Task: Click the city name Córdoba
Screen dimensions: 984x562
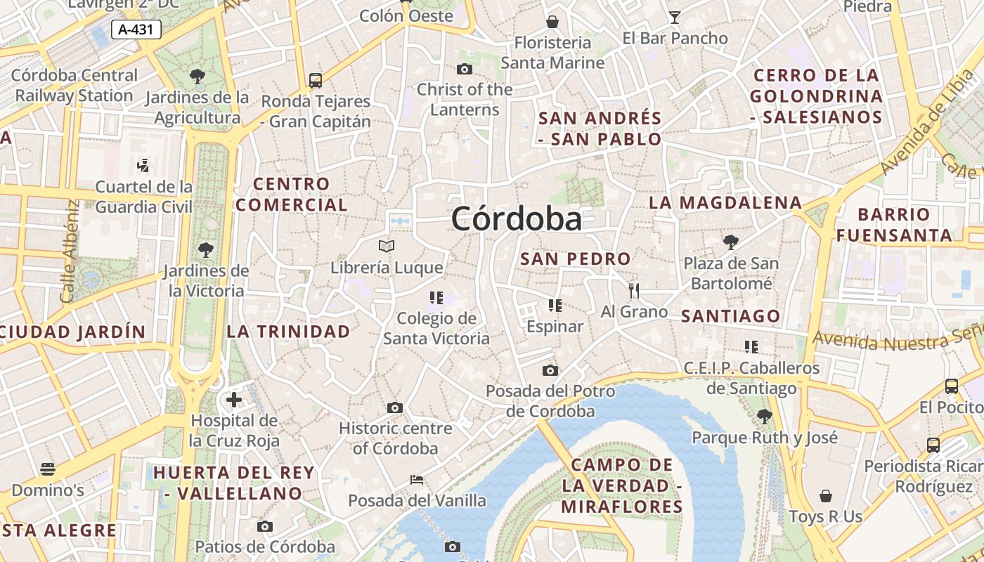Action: [x=517, y=218]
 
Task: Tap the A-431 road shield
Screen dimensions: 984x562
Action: [x=136, y=30]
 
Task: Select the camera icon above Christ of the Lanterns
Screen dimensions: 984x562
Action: [x=465, y=69]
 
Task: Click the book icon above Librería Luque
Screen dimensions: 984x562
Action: [x=387, y=246]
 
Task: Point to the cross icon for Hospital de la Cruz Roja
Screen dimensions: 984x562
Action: [x=234, y=400]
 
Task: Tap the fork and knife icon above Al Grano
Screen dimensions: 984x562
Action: [x=634, y=290]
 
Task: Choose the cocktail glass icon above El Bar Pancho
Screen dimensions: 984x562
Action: [x=675, y=18]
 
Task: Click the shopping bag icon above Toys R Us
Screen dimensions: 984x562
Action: [x=825, y=496]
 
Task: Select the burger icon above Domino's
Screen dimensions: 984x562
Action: [x=48, y=469]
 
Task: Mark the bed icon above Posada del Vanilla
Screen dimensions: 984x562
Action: [x=417, y=480]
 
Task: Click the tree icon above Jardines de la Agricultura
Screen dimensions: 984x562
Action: [x=198, y=76]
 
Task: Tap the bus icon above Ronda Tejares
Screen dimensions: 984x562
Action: [x=316, y=80]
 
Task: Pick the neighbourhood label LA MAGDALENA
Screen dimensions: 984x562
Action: [x=725, y=203]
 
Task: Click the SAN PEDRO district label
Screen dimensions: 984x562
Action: [x=575, y=259]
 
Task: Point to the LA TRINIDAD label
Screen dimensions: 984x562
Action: [x=288, y=332]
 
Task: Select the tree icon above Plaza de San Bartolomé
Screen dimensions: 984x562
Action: [x=731, y=242]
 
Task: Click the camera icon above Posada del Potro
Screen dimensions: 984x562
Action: [x=550, y=370]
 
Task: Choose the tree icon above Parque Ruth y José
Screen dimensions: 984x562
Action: [x=765, y=416]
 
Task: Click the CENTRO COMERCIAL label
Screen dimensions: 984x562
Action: [x=292, y=195]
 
